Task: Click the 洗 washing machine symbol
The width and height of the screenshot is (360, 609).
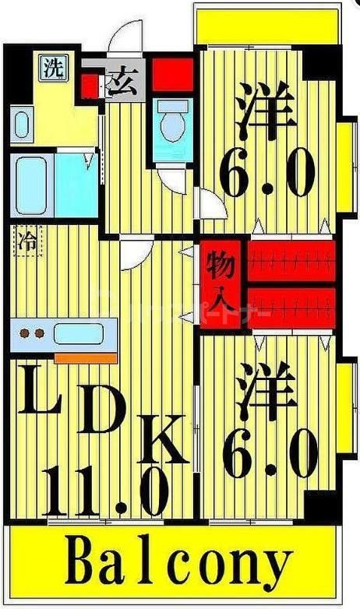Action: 53,68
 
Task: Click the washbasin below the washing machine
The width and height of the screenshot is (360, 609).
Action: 21,125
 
